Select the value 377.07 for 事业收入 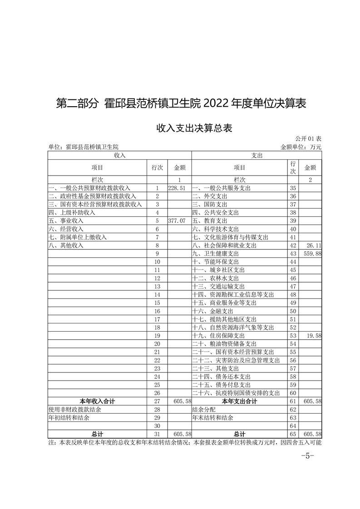pyautogui.click(x=177, y=220)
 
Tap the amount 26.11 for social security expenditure pyautogui.click(x=314, y=245)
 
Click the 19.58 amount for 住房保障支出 pyautogui.click(x=314, y=335)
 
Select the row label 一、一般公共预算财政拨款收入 pyautogui.click(x=89, y=188)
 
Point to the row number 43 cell pyautogui.click(x=293, y=253)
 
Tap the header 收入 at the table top pyautogui.click(x=120, y=155)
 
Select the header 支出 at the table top pyautogui.click(x=256, y=155)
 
